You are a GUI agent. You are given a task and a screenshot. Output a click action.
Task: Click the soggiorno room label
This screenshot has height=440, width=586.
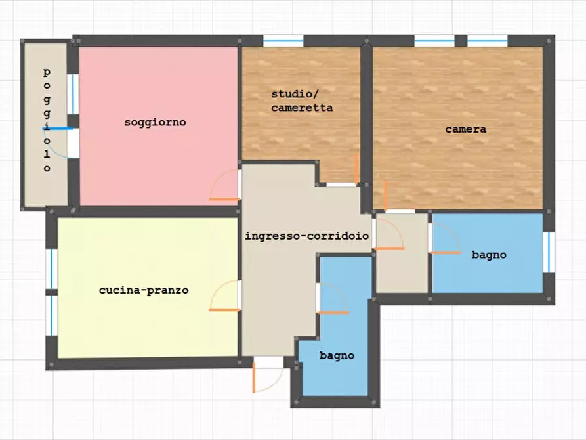(155, 122)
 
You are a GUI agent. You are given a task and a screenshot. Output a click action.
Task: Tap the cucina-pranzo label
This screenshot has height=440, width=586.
(144, 290)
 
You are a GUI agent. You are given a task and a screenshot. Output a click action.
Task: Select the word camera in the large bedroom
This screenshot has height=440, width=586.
(466, 129)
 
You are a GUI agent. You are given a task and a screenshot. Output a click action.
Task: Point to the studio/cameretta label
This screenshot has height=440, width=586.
(302, 101)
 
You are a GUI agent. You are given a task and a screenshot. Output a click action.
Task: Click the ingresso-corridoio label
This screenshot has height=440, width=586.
(307, 236)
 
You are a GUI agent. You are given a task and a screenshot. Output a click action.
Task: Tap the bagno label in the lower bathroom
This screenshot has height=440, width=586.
(337, 355)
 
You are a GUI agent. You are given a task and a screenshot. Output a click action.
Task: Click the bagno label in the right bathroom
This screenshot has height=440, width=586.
(489, 255)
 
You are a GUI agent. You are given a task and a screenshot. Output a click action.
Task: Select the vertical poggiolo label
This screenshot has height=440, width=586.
(47, 120)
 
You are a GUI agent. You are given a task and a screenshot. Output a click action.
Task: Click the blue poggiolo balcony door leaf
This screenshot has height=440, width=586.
(57, 129)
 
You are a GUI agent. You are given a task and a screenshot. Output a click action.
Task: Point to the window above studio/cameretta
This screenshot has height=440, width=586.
(283, 41)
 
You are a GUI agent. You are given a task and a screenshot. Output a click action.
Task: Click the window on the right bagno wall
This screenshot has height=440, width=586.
(549, 252)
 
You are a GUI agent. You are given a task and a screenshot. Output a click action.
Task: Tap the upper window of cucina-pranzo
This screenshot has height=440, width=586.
(52, 269)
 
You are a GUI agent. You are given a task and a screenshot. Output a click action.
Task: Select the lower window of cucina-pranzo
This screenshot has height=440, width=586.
(52, 315)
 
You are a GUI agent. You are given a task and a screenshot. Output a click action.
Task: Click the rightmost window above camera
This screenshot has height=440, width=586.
(488, 41)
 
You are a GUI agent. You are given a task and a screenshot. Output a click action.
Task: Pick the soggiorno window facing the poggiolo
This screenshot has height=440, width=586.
(73, 94)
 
